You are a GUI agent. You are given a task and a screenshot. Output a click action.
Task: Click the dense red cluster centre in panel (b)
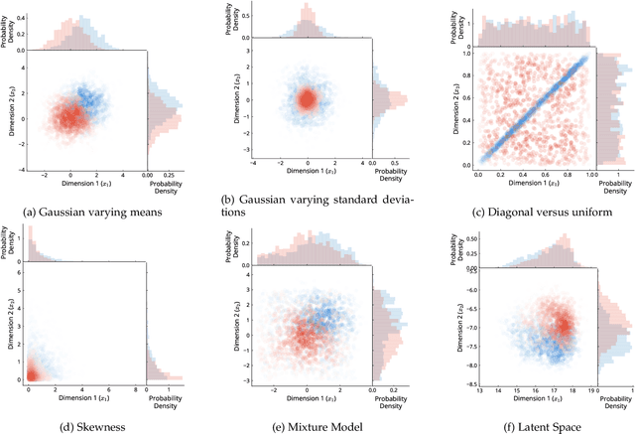click(x=307, y=99)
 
